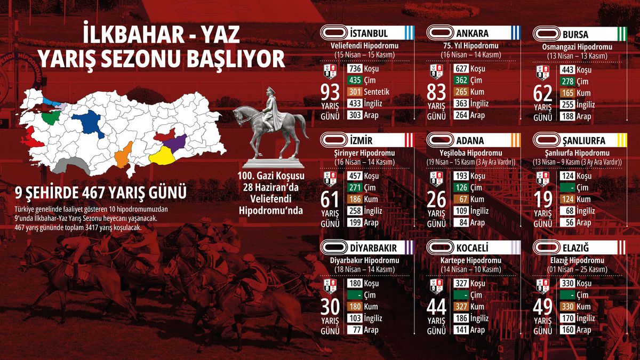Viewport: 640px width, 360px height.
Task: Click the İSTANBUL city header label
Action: click(370, 34)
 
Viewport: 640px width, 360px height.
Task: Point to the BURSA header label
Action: click(575, 35)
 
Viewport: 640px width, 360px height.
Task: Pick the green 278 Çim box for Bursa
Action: click(568, 81)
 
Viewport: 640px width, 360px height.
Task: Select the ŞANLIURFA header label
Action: click(583, 141)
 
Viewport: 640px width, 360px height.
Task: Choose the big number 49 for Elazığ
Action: click(543, 306)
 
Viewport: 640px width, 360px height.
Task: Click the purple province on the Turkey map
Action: click(175, 142)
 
